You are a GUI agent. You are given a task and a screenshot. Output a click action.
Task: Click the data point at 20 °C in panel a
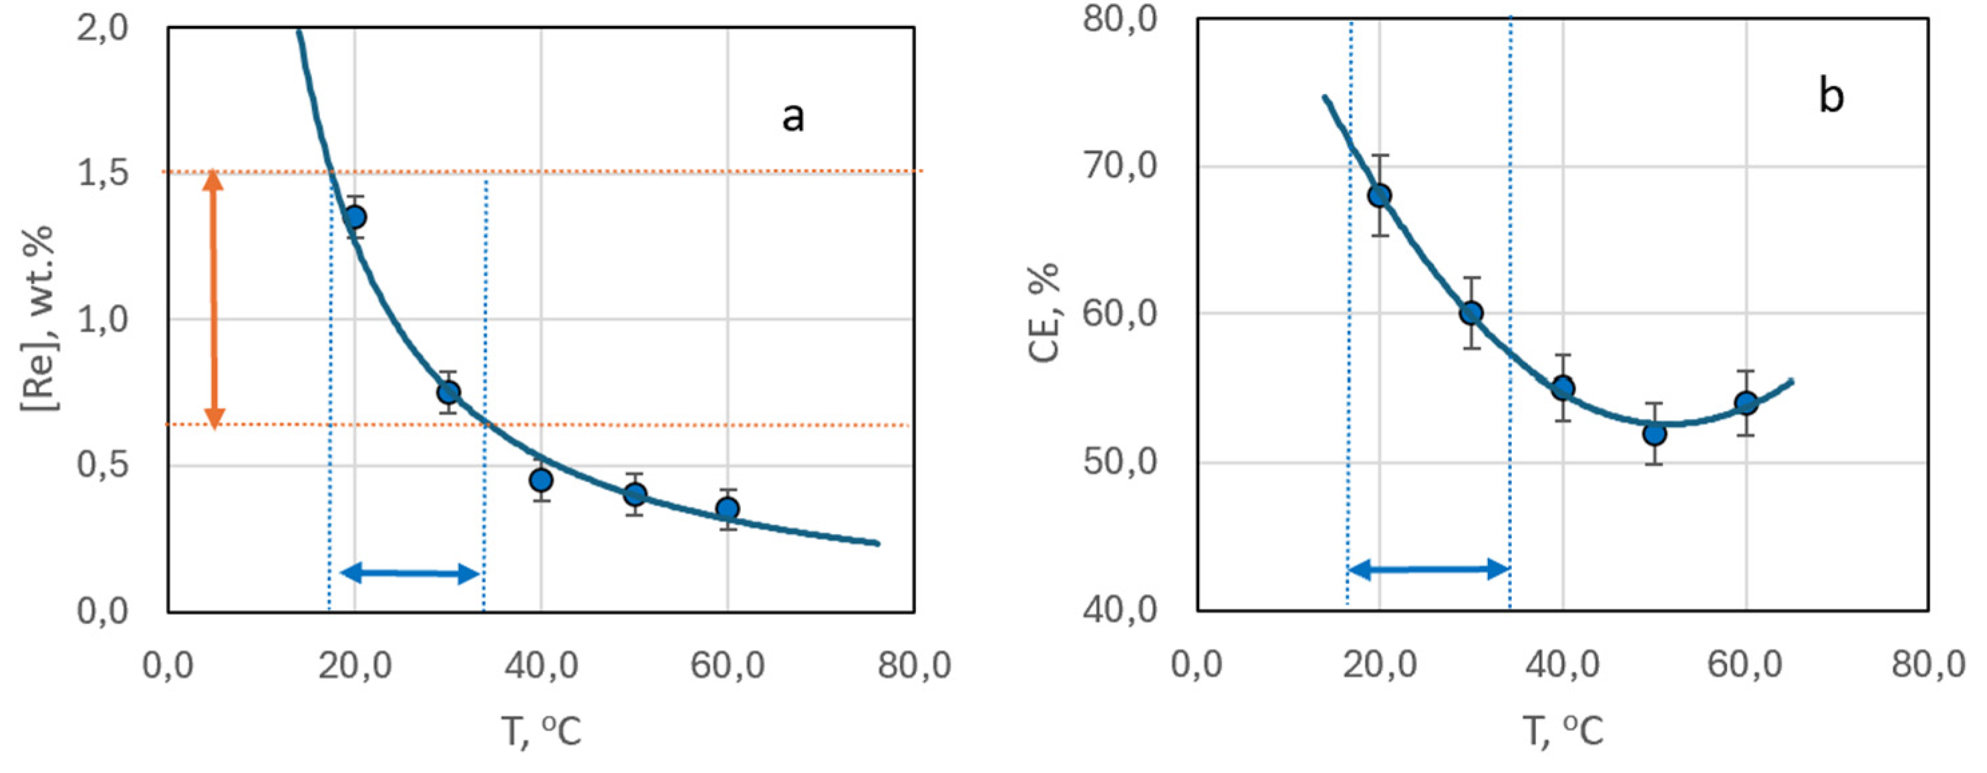pyautogui.click(x=354, y=216)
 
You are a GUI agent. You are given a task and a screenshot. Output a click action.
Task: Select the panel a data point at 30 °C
pyautogui.click(x=448, y=392)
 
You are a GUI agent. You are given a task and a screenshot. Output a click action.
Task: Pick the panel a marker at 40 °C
pyautogui.click(x=541, y=480)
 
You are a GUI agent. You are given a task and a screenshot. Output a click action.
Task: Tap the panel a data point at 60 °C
pyautogui.click(x=728, y=508)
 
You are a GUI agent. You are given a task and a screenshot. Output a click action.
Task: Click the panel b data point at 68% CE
pyautogui.click(x=1379, y=195)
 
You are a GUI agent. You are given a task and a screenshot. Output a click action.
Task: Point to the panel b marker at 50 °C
pyautogui.click(x=1654, y=434)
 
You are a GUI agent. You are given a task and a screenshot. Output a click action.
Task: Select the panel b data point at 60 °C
pyautogui.click(x=1746, y=403)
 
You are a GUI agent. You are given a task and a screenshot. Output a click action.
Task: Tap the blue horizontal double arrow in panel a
pyautogui.click(x=410, y=573)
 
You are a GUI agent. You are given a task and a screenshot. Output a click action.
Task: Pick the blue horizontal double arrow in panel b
pyautogui.click(x=1428, y=570)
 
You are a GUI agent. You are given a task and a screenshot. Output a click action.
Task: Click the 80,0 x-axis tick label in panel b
pyautogui.click(x=1928, y=663)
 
